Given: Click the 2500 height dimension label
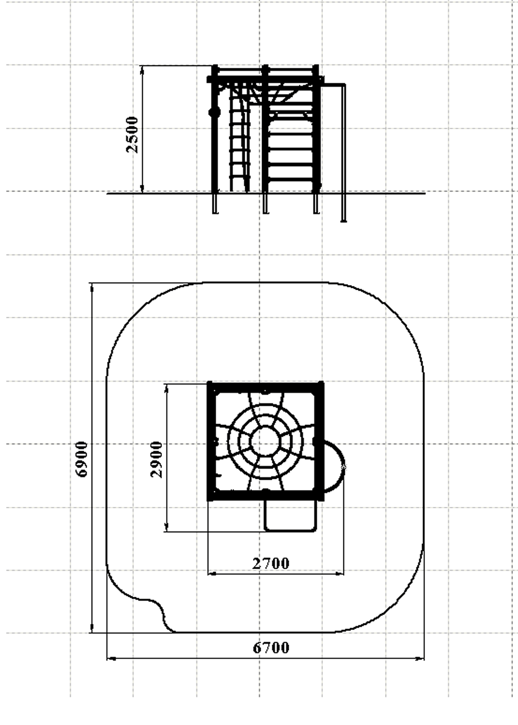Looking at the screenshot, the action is [x=133, y=135].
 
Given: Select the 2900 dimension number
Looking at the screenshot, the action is [x=157, y=459].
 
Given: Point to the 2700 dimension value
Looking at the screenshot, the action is [x=271, y=564].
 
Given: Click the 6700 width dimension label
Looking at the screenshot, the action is [x=271, y=647].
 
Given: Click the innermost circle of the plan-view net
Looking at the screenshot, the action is [x=265, y=441].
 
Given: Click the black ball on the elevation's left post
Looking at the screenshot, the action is [x=215, y=113].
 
